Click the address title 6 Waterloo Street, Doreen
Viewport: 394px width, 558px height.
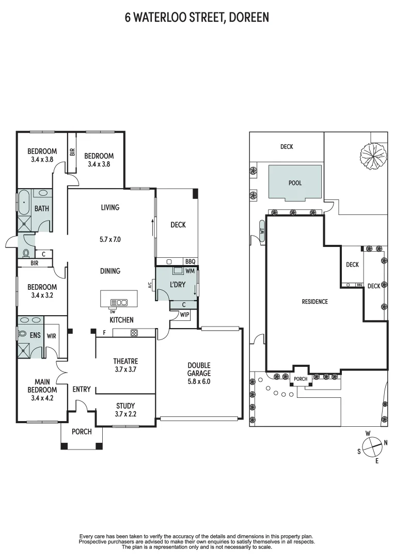197,18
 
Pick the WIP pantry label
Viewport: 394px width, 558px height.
184,314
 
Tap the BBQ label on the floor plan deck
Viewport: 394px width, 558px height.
190,261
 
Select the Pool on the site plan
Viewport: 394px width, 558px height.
295,183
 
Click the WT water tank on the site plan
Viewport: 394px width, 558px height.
262,230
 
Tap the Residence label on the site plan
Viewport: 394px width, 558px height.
314,302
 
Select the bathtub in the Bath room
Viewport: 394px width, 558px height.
24,203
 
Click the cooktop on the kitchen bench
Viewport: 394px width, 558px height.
134,333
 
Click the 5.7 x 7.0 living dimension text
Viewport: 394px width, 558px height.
111,240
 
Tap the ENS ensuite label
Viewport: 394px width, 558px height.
35,335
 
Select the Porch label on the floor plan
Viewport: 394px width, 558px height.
82,431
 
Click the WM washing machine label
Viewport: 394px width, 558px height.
190,271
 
